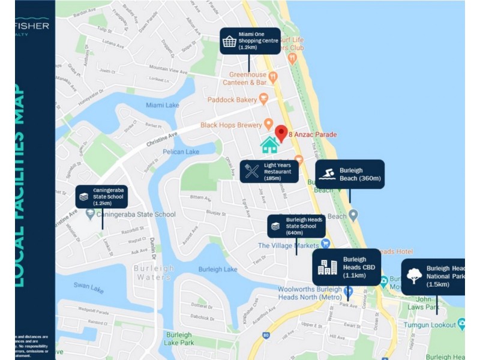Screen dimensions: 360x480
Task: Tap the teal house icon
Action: (269, 145)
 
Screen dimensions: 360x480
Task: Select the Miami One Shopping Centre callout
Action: (250, 41)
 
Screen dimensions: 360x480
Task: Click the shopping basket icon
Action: (229, 41)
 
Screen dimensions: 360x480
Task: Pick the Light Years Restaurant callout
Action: (269, 171)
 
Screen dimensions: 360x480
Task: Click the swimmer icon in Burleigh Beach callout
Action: (327, 175)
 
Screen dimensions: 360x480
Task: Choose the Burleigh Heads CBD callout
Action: (347, 268)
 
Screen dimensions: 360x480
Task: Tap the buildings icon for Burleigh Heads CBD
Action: (327, 268)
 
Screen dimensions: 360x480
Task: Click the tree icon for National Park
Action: (414, 276)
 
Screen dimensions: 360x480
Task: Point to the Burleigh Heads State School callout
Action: (296, 226)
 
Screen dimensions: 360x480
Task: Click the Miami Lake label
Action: (162, 105)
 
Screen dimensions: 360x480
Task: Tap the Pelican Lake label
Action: (181, 152)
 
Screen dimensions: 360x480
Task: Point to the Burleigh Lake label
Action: (218, 269)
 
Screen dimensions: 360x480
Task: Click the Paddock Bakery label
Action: (232, 99)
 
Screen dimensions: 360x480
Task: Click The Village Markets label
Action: (289, 245)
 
